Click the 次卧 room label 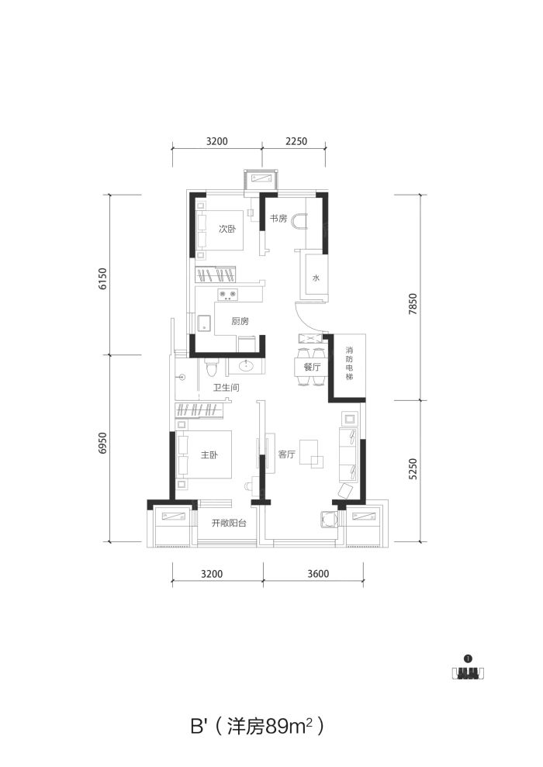coord(227,229)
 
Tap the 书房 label coord(278,218)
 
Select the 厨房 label coord(240,321)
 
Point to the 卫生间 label coord(226,388)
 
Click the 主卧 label coord(209,455)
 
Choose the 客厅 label coord(287,454)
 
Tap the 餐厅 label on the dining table coord(312,366)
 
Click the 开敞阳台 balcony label coord(229,523)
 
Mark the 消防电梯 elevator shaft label coord(349,364)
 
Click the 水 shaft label coord(316,278)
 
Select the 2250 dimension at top coord(296,141)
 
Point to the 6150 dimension coord(102,279)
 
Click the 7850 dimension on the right coord(413,303)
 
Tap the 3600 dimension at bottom coord(319,573)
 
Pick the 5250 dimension coord(413,468)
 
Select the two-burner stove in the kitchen coord(227,294)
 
